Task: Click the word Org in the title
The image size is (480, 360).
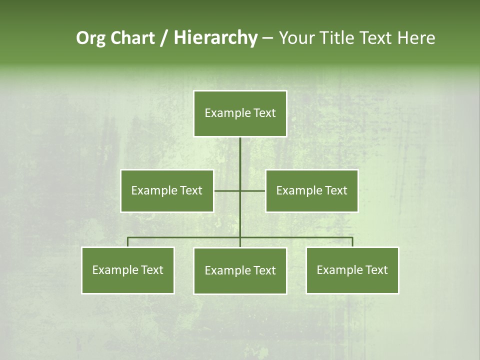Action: (91, 38)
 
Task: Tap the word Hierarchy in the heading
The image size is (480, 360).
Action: (215, 38)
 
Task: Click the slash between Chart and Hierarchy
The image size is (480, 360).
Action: (164, 38)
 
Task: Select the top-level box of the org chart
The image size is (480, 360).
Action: (240, 113)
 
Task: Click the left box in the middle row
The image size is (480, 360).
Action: (167, 191)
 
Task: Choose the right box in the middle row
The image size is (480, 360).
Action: (311, 191)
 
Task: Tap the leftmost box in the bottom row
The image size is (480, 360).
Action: (128, 270)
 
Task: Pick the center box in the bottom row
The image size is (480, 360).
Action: (240, 271)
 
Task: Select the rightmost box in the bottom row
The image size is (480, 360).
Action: (352, 270)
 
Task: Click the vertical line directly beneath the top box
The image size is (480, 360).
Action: (240, 155)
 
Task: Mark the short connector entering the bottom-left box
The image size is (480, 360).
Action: (128, 242)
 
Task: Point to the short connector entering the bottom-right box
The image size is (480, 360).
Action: (352, 242)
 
